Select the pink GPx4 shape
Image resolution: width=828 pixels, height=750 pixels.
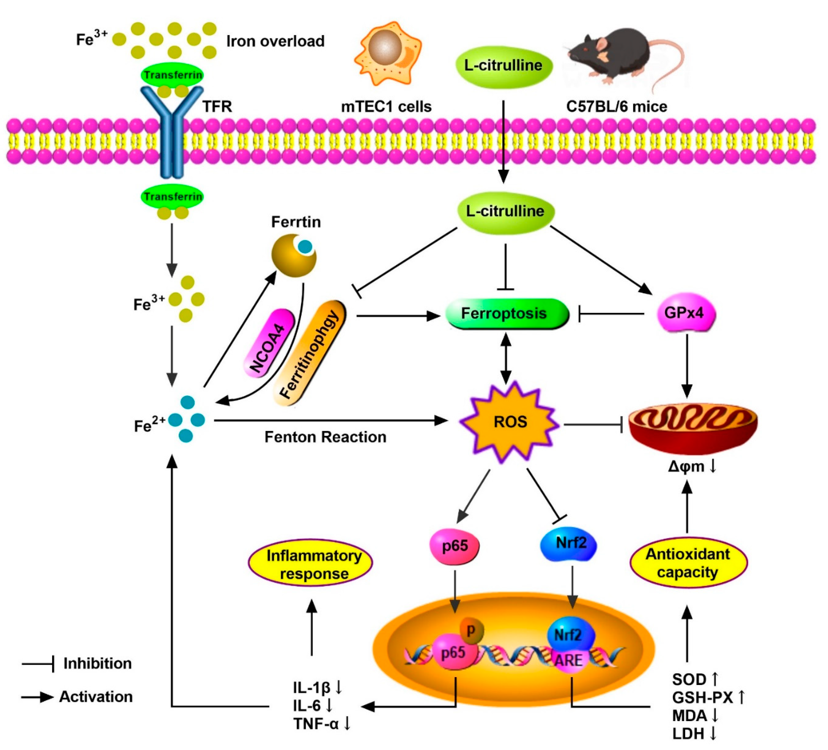click(685, 313)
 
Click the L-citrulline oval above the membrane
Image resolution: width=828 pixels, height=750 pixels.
click(503, 66)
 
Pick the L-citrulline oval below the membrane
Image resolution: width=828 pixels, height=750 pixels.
click(505, 212)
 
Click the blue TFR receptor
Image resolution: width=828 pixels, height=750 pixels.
click(172, 132)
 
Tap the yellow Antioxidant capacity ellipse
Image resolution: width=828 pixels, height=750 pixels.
click(688, 563)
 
